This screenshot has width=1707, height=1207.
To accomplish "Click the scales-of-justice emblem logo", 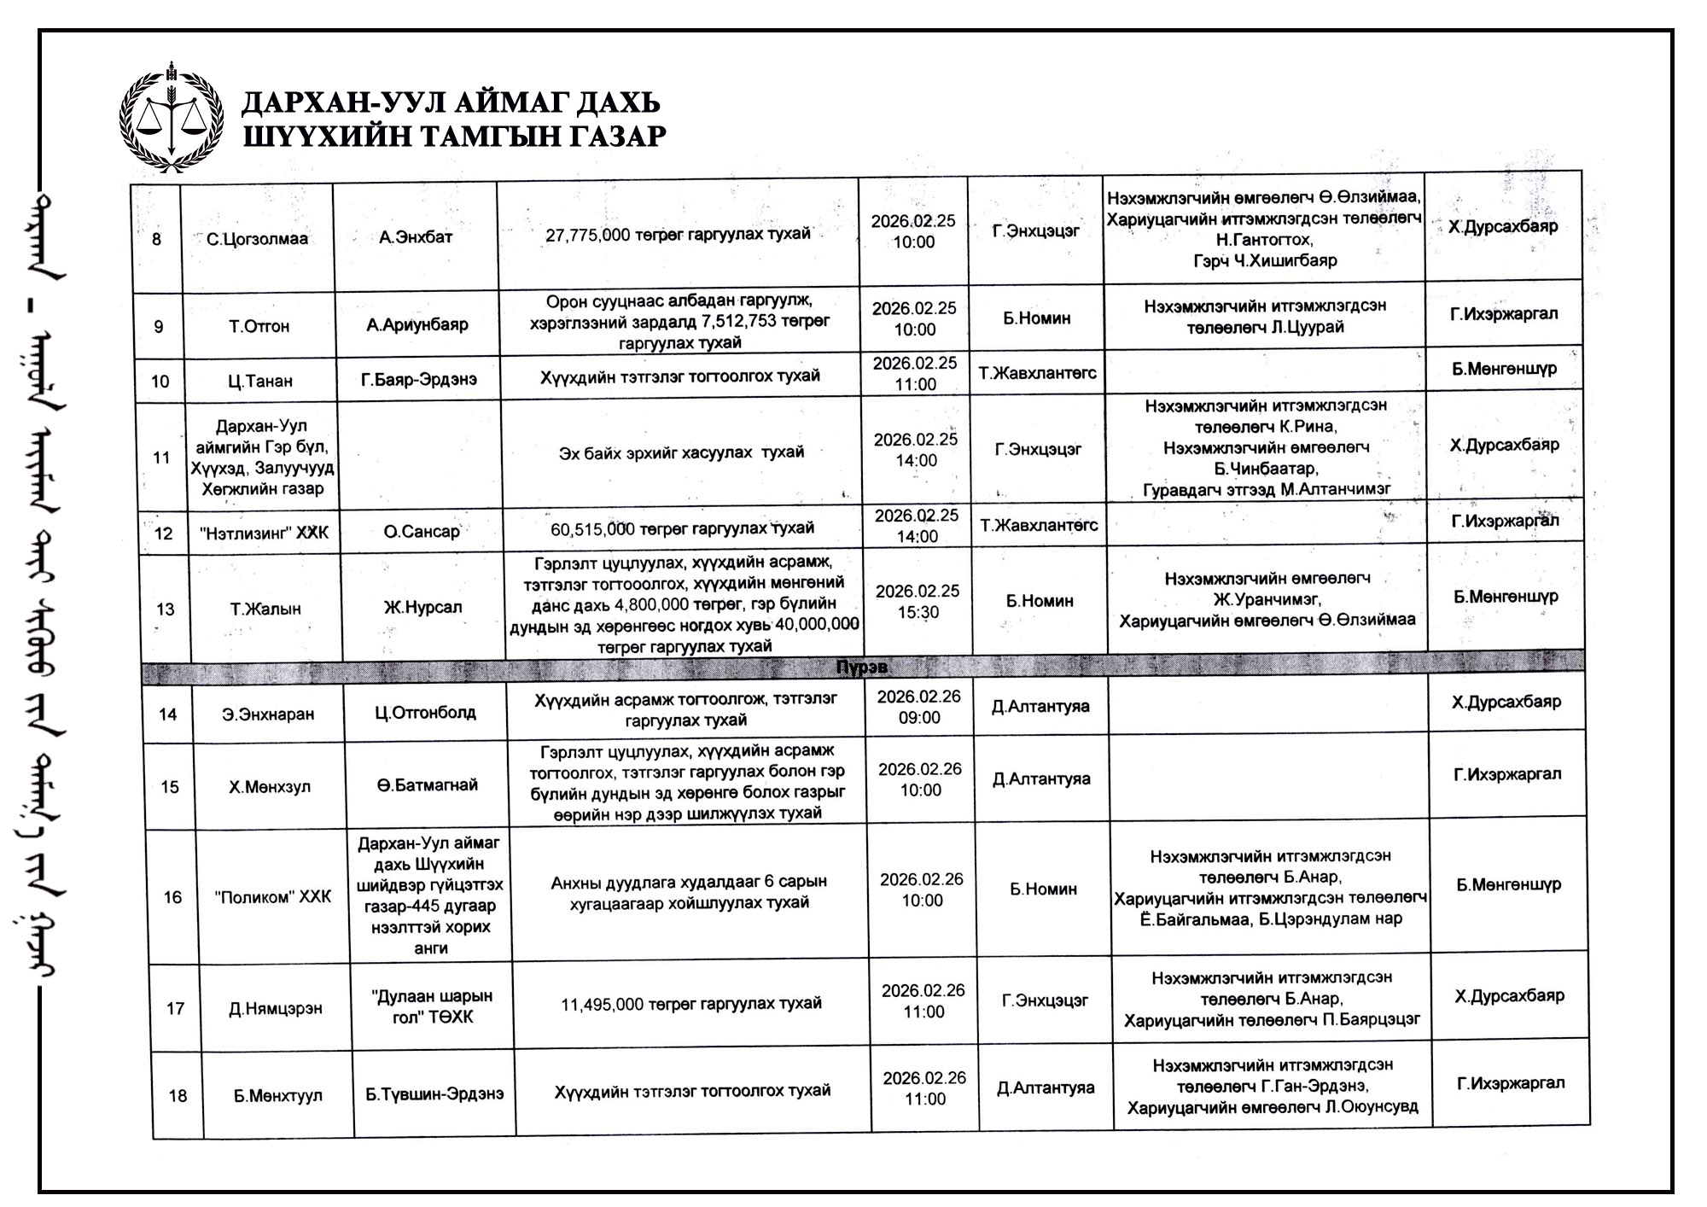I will (x=172, y=117).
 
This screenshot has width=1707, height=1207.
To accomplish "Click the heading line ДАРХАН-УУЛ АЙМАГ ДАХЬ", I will (x=451, y=102).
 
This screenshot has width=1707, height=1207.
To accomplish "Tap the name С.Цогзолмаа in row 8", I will (x=257, y=239).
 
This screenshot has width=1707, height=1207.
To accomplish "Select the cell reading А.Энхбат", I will (x=416, y=237).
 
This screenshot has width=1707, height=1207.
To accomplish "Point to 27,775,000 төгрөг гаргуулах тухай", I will (x=678, y=234).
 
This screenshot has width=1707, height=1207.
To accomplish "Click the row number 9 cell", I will (x=158, y=327).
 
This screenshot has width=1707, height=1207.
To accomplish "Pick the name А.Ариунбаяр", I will (x=417, y=324).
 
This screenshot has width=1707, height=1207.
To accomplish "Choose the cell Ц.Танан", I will (x=260, y=381).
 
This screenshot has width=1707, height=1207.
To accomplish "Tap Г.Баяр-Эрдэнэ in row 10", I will (x=419, y=379).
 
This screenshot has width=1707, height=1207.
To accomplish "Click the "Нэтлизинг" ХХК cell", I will (x=264, y=534).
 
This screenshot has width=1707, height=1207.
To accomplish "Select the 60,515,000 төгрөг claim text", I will (x=682, y=529).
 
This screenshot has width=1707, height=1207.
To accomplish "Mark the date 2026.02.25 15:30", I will (x=918, y=601).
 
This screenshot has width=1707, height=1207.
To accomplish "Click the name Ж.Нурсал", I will (x=422, y=608).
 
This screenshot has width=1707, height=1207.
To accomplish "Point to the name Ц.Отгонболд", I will (x=425, y=713).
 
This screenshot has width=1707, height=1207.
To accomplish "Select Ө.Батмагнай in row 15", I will (x=428, y=785).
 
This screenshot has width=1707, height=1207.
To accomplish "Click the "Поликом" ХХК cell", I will (x=273, y=897).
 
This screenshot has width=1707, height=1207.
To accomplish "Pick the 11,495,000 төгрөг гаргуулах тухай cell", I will (x=690, y=1004).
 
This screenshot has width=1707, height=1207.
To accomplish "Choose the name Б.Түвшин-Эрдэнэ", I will (x=434, y=1093).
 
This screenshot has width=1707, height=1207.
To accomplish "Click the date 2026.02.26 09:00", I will (x=919, y=707).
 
